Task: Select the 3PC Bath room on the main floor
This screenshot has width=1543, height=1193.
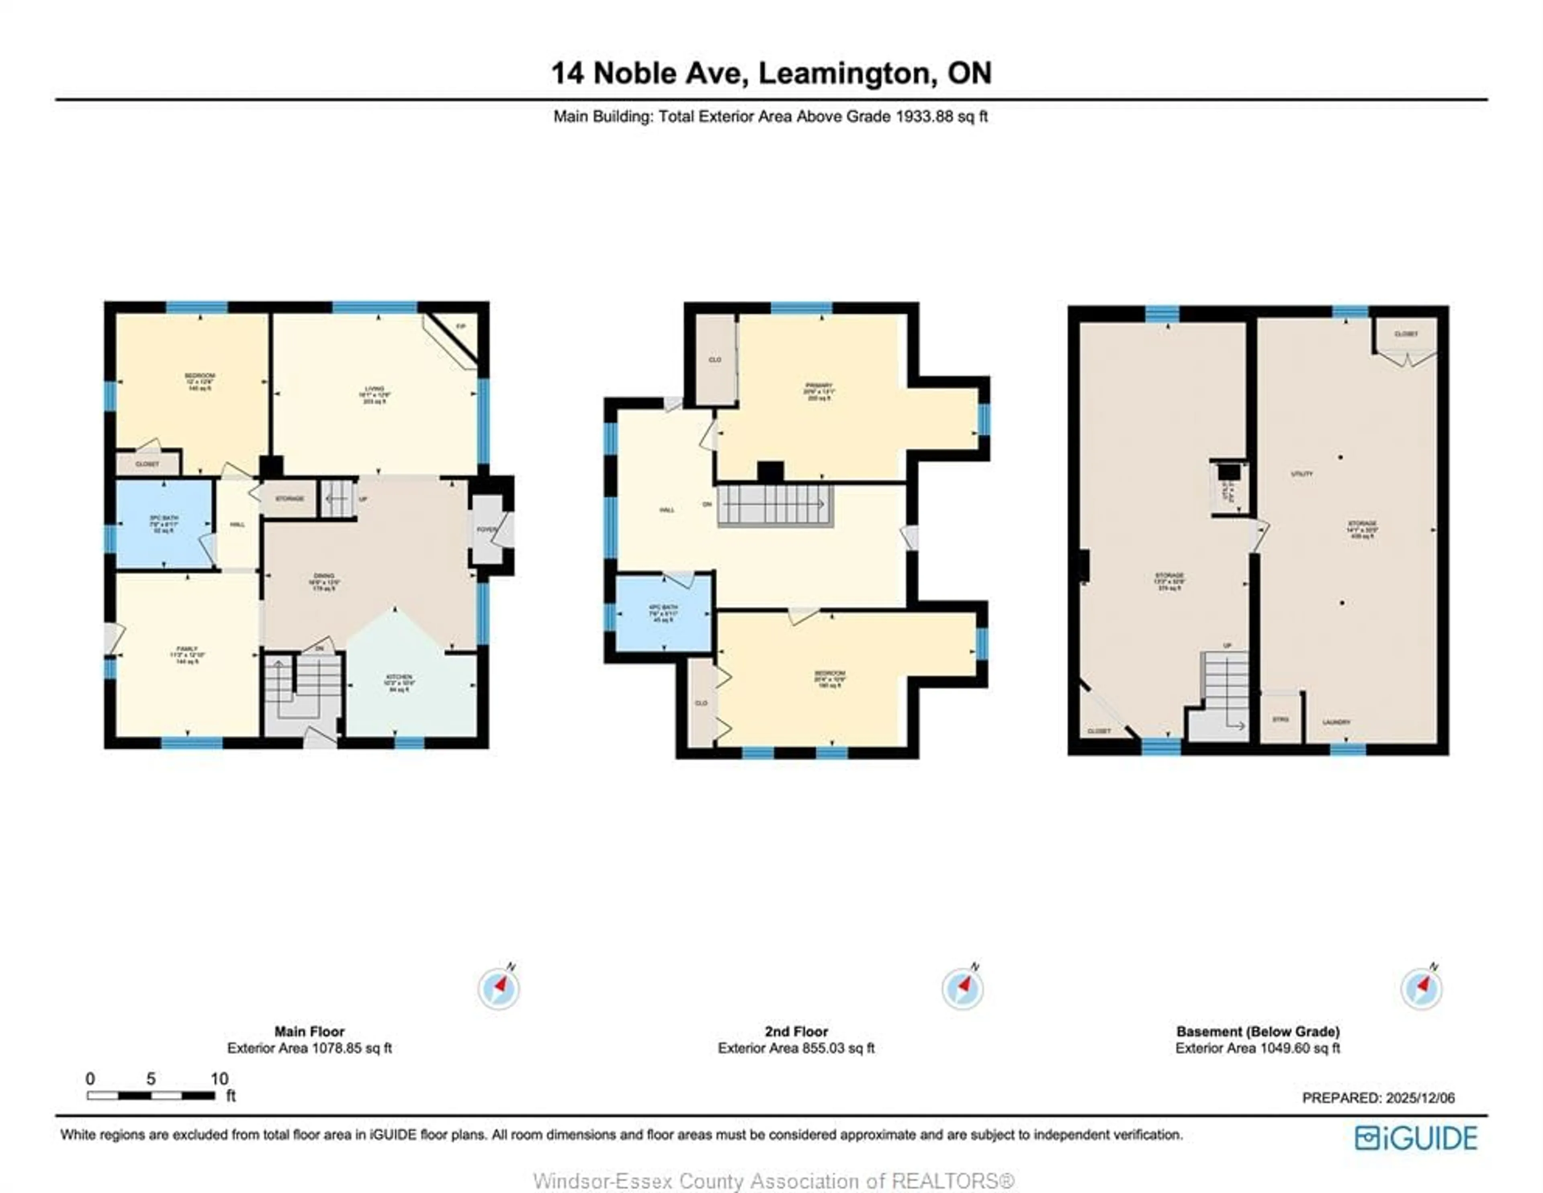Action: click(x=164, y=523)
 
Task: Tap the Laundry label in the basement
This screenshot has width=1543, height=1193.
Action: click(x=1336, y=722)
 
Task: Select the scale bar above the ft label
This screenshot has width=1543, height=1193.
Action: click(x=151, y=1095)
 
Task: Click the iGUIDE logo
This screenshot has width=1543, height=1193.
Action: click(x=1416, y=1138)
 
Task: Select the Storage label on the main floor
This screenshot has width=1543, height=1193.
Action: click(x=290, y=498)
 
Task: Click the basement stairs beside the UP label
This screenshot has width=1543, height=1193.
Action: click(x=1226, y=688)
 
